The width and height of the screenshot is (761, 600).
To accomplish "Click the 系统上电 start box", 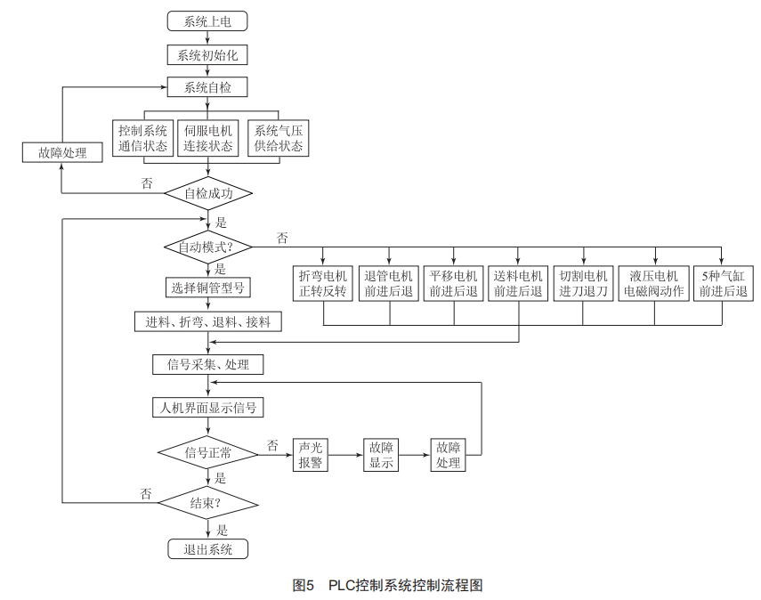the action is [207, 21].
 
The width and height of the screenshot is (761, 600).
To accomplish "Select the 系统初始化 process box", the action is [207, 55].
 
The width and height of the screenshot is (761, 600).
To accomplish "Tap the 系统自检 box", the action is [207, 87].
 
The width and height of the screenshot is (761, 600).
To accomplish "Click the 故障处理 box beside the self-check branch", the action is [62, 152].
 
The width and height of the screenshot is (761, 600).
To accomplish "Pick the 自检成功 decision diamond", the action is [208, 193].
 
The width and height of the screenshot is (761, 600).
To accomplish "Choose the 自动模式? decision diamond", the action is [208, 247].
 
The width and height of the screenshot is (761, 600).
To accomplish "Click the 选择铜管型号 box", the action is [207, 288].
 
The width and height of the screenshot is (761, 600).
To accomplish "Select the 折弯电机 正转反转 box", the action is [323, 283].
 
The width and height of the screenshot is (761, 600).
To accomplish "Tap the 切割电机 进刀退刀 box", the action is [583, 283].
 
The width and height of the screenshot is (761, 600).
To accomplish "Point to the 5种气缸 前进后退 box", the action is [723, 283].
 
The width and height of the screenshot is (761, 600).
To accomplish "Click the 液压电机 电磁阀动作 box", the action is [653, 283].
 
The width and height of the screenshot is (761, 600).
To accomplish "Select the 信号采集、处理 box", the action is [207, 365].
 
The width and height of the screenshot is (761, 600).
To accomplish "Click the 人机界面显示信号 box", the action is [207, 408].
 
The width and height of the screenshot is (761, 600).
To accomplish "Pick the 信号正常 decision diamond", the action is [208, 453].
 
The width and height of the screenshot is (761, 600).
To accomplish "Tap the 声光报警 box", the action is [310, 455].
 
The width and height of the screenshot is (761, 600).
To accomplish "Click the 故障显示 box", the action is [381, 455].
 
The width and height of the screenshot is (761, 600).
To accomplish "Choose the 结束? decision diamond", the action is [208, 503].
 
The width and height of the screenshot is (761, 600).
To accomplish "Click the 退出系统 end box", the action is [207, 549].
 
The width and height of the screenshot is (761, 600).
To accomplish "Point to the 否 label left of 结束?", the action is [146, 494].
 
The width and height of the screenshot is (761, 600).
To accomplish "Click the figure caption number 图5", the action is [304, 585].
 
